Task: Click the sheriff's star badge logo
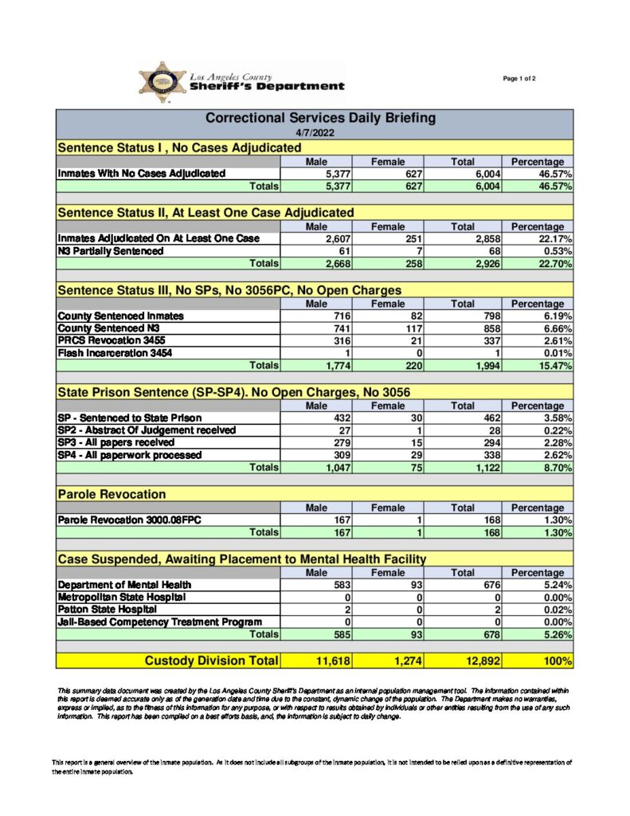(162, 81)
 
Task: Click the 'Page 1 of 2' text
(519, 78)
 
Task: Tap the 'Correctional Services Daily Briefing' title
(320, 118)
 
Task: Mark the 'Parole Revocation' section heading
(112, 495)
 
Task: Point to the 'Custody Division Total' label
(211, 661)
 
